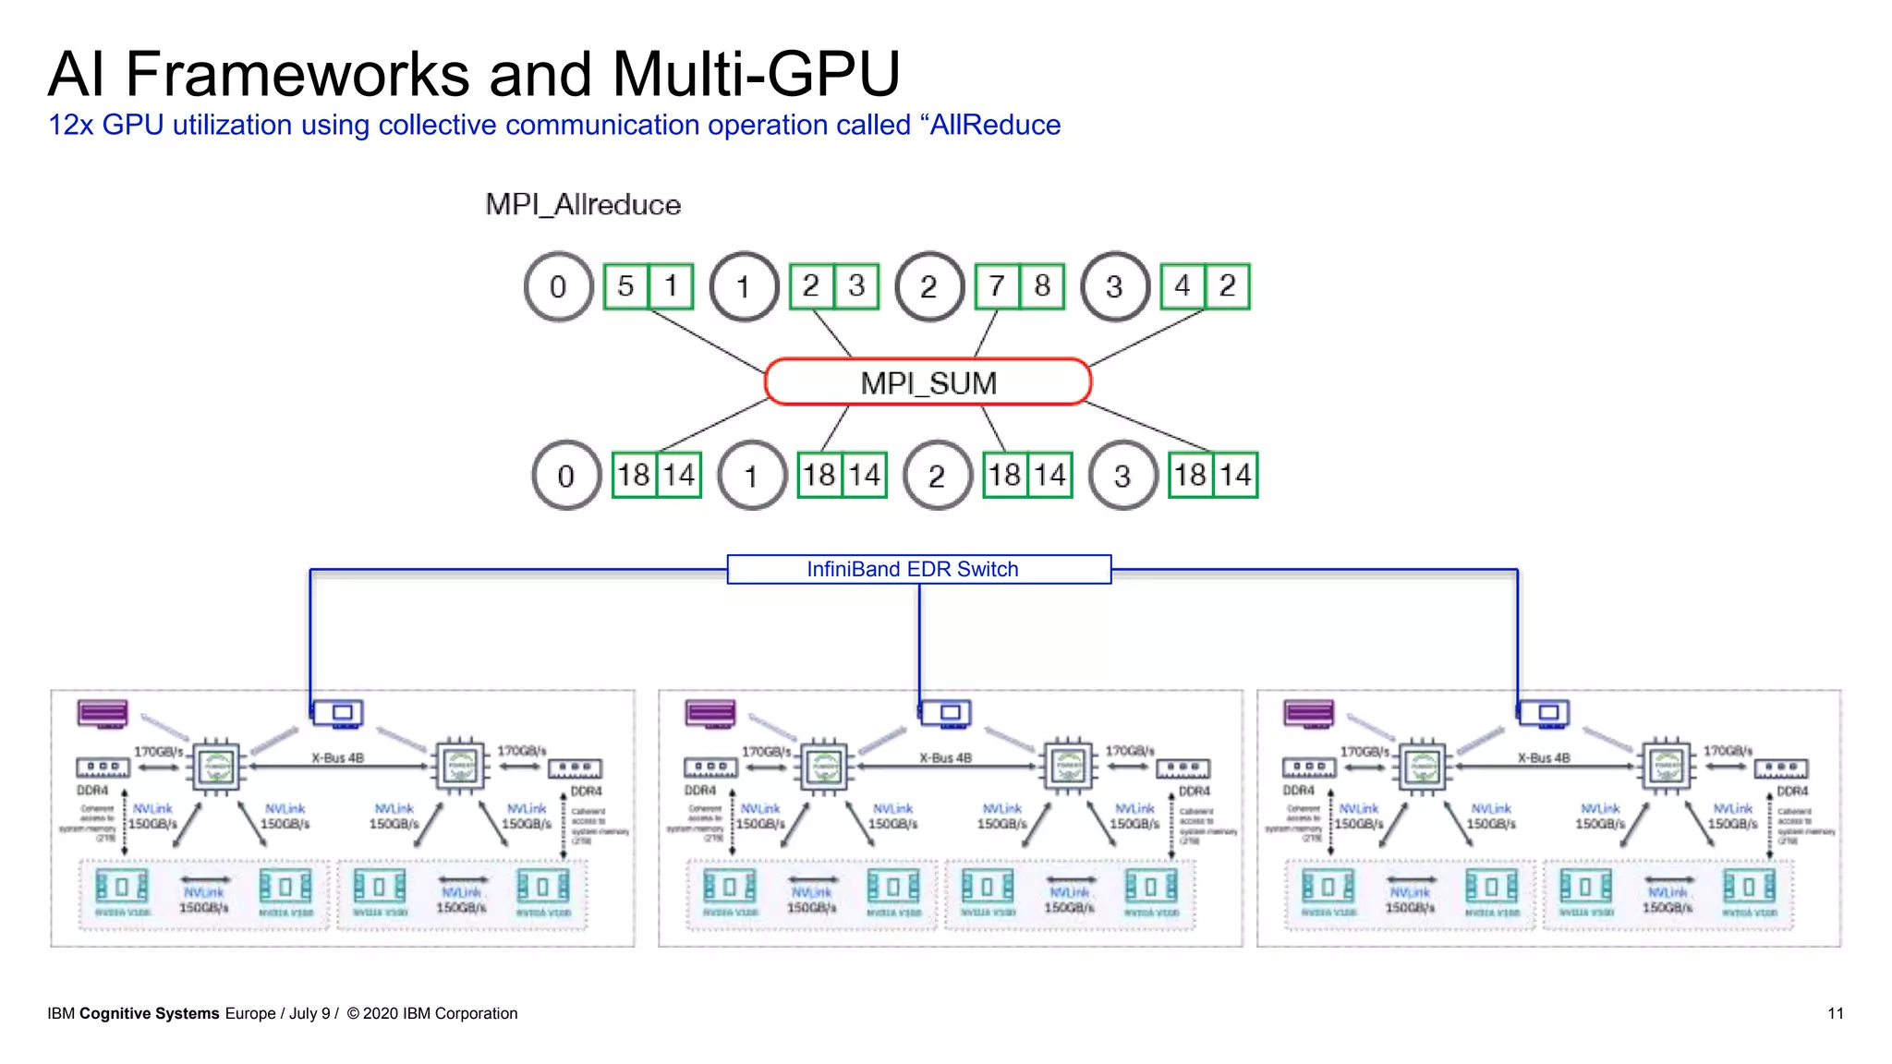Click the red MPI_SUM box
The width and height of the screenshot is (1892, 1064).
(x=928, y=382)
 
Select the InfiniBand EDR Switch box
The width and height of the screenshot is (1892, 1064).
(x=918, y=569)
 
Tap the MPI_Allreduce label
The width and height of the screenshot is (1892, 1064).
(x=583, y=205)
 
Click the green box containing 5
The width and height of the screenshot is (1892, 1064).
(x=625, y=286)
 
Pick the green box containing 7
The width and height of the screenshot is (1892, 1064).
(x=998, y=286)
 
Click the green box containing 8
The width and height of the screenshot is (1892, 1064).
(x=1042, y=286)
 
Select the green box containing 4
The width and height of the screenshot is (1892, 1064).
(x=1182, y=286)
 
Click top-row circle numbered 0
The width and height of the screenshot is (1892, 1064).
(x=558, y=286)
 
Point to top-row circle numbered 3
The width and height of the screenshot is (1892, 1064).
(x=1115, y=286)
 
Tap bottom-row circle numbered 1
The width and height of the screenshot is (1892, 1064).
(x=751, y=476)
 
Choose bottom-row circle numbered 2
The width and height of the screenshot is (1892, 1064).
(x=937, y=476)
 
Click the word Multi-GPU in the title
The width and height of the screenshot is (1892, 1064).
(x=755, y=74)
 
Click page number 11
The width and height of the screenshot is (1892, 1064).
(x=1835, y=1013)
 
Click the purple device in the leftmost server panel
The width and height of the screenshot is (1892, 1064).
(x=103, y=713)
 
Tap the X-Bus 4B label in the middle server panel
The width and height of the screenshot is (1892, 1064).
(x=945, y=758)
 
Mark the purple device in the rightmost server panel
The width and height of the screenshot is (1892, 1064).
(x=1308, y=713)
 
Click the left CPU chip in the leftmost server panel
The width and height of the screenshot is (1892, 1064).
(x=217, y=766)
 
